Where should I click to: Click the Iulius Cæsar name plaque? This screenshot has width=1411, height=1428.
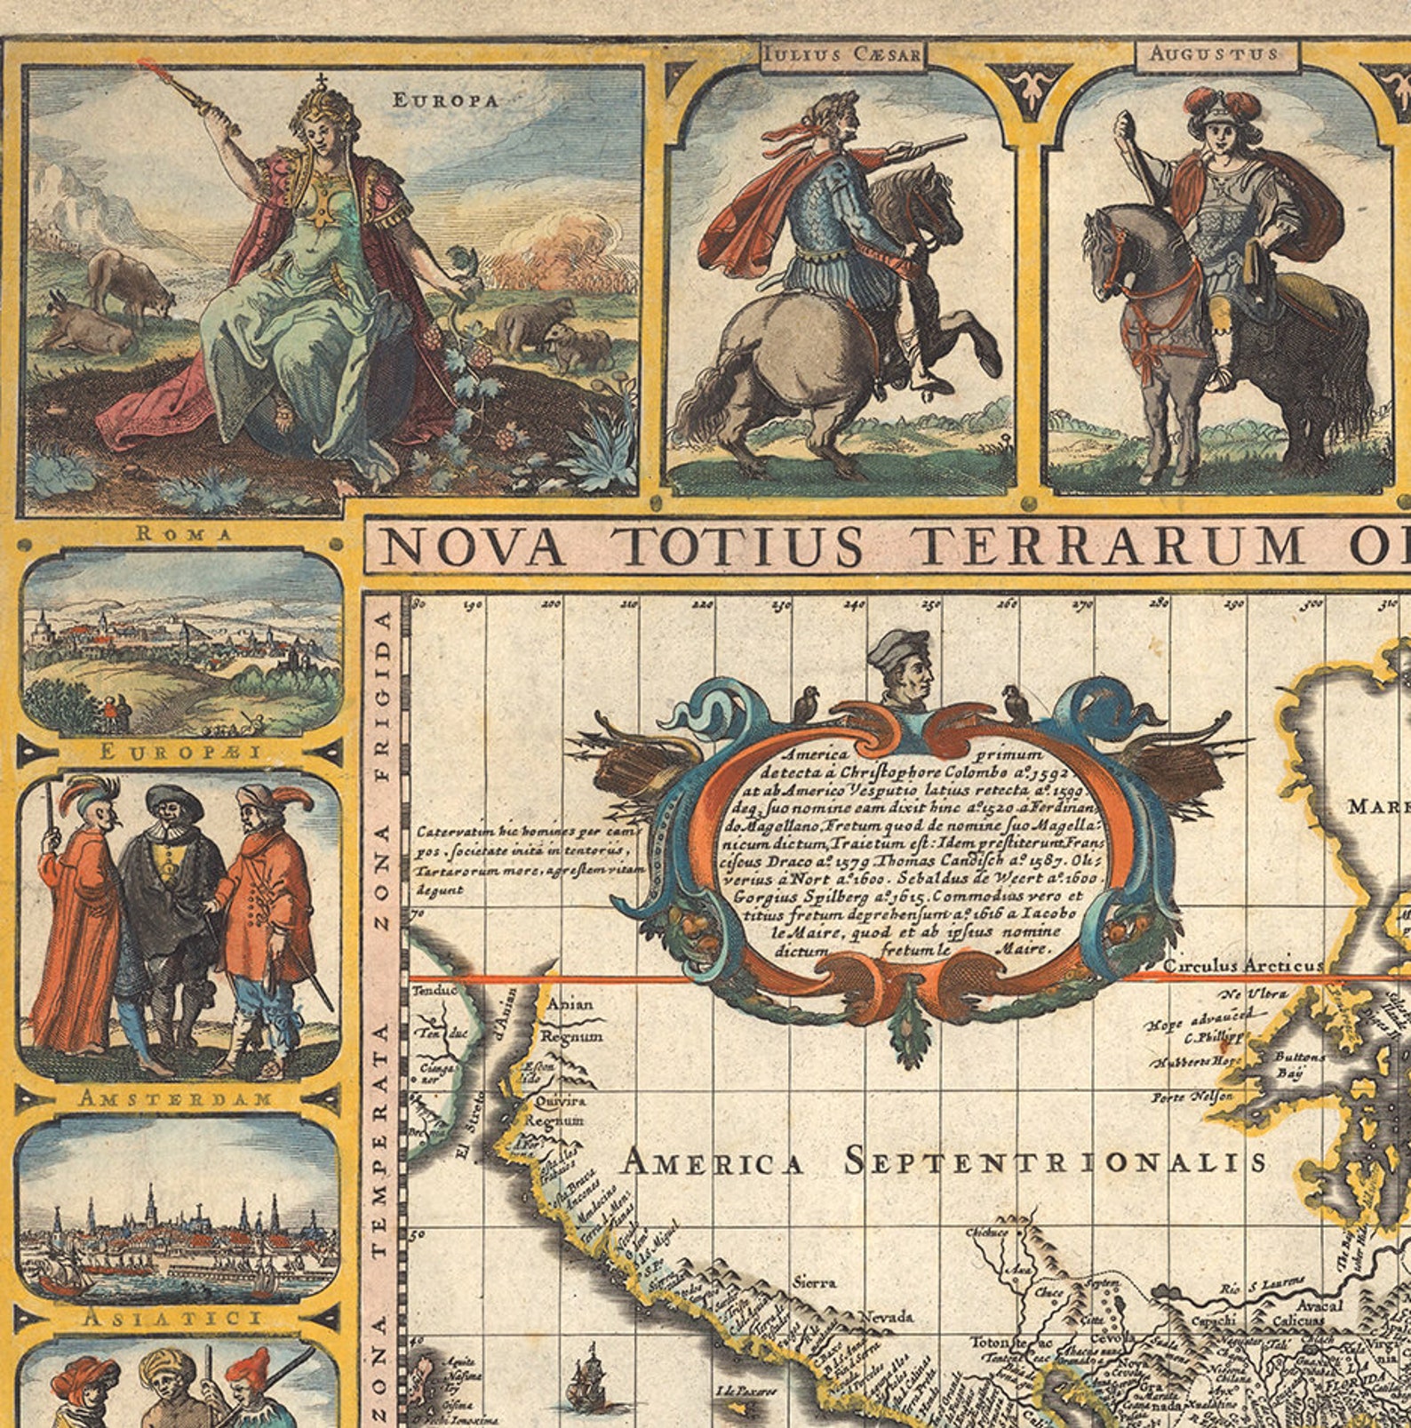coord(842,55)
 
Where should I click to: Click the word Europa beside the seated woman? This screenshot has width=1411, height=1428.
coord(445,100)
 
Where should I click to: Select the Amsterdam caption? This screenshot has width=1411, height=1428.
coord(176,1098)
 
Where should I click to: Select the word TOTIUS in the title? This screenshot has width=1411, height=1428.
coord(741,546)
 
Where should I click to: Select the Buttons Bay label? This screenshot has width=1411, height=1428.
coord(1299,1065)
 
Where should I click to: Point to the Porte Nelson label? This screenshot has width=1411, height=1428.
coord(1192,1097)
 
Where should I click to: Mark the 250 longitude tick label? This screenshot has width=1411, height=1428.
coord(931,605)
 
